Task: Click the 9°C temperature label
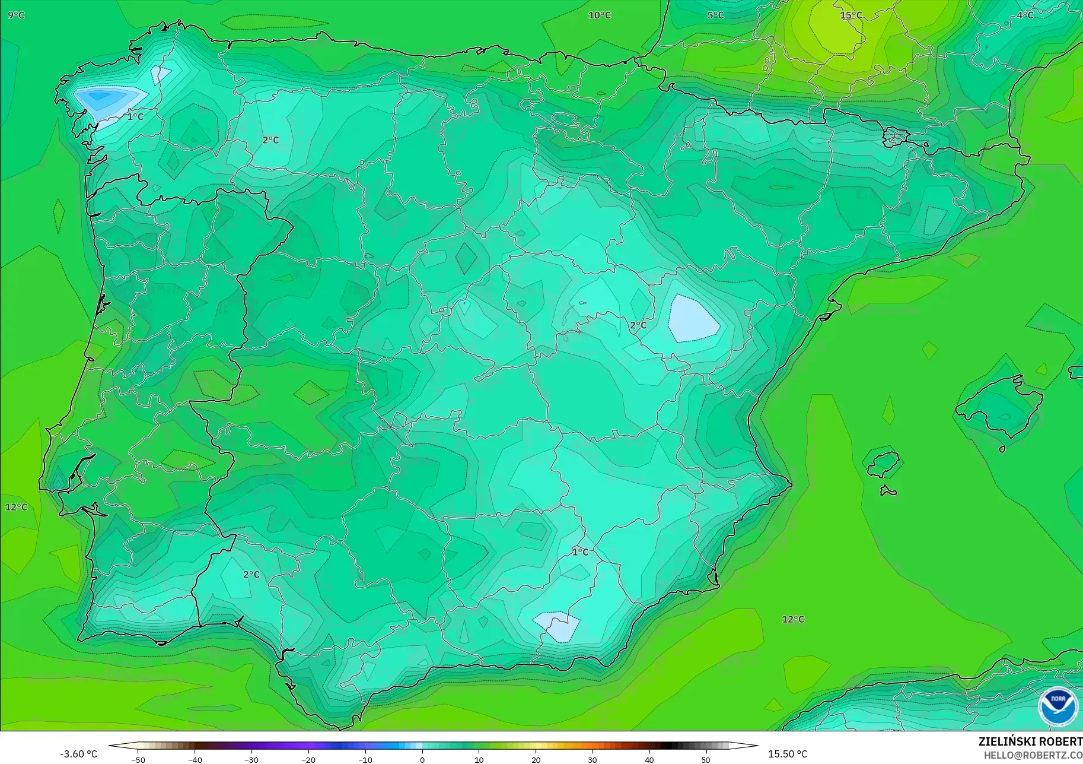tap(17, 15)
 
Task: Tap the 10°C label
tap(600, 15)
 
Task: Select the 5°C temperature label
tap(715, 15)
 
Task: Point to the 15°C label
tap(851, 15)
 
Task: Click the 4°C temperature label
tap(1025, 15)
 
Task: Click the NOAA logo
tap(1057, 706)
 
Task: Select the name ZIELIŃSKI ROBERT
tap(1030, 741)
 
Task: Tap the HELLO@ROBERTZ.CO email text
tap(1033, 755)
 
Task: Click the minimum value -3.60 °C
tap(78, 754)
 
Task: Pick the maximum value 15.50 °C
tap(788, 754)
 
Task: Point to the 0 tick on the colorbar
tap(422, 759)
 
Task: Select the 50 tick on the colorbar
tap(706, 759)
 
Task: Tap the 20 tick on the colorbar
tap(536, 759)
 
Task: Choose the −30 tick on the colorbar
tap(251, 759)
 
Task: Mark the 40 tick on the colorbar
tap(649, 759)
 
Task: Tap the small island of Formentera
tap(888, 491)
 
